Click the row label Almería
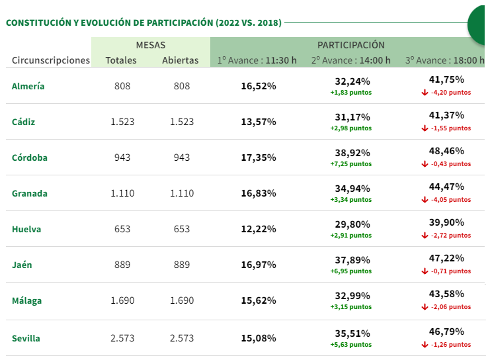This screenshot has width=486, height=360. tap(28, 86)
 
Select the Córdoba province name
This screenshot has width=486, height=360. tap(30, 157)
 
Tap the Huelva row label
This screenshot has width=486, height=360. tap(26, 229)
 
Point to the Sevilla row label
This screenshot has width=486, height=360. tap(26, 338)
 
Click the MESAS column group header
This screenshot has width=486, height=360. tap(151, 45)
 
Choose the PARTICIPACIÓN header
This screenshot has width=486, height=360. tap(350, 45)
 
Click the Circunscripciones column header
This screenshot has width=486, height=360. tap(51, 60)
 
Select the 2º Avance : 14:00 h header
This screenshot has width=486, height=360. tap(351, 60)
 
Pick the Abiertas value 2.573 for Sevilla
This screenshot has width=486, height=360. tap(182, 338)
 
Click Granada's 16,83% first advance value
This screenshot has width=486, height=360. tap(259, 193)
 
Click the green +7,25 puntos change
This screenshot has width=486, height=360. tap(351, 164)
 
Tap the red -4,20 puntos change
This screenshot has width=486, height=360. tap(450, 93)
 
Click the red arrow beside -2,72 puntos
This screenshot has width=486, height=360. tap(425, 236)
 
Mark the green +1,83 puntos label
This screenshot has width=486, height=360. tap(351, 93)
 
